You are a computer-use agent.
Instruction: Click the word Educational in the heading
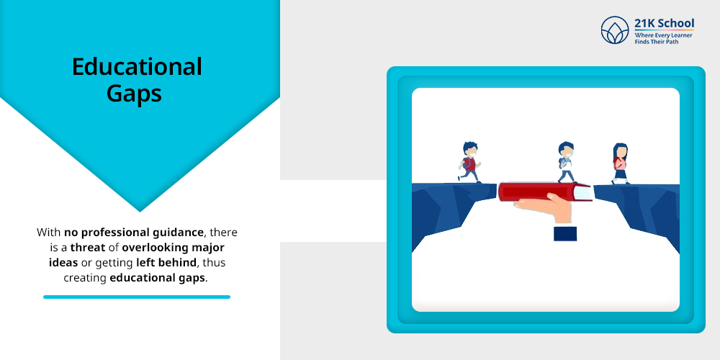[137, 67]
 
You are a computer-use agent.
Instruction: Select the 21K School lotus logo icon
[615, 30]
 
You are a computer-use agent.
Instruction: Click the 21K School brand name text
[664, 23]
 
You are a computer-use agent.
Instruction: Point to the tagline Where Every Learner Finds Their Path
[662, 37]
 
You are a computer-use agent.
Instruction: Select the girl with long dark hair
[620, 163]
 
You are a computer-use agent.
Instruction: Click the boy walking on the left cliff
[469, 161]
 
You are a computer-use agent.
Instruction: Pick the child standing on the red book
[566, 161]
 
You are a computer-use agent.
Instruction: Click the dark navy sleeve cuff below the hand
[565, 233]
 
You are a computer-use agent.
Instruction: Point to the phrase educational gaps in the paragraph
[158, 277]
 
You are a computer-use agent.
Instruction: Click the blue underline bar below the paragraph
[137, 297]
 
